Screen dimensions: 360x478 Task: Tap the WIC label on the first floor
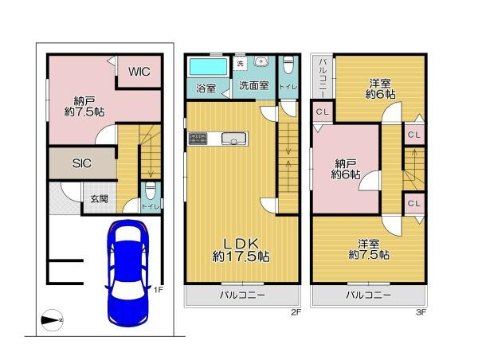[x=140, y=71]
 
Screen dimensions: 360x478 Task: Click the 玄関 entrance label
[x=99, y=199]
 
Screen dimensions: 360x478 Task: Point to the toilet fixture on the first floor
[x=149, y=194]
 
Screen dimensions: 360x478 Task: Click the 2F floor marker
[x=295, y=313]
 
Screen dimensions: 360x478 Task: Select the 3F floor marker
[x=421, y=313]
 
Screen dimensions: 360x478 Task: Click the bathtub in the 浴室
[x=206, y=66]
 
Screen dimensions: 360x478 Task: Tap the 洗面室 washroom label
[x=253, y=84]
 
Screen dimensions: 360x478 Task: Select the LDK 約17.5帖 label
[x=240, y=249]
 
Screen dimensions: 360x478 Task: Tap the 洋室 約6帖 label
[x=379, y=88]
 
